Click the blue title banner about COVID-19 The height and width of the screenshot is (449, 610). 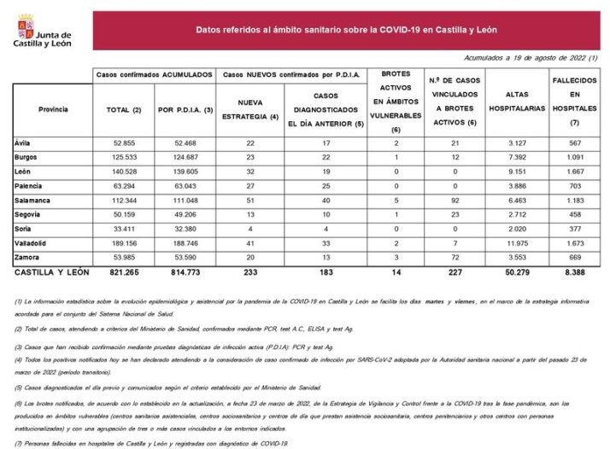coord(346,30)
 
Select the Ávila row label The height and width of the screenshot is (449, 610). coord(22,143)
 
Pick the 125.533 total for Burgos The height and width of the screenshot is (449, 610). coord(125,157)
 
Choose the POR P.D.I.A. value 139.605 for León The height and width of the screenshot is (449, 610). coord(185,172)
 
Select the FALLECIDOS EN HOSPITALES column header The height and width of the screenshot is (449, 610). coord(579,109)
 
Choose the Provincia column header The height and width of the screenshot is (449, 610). coord(53,109)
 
